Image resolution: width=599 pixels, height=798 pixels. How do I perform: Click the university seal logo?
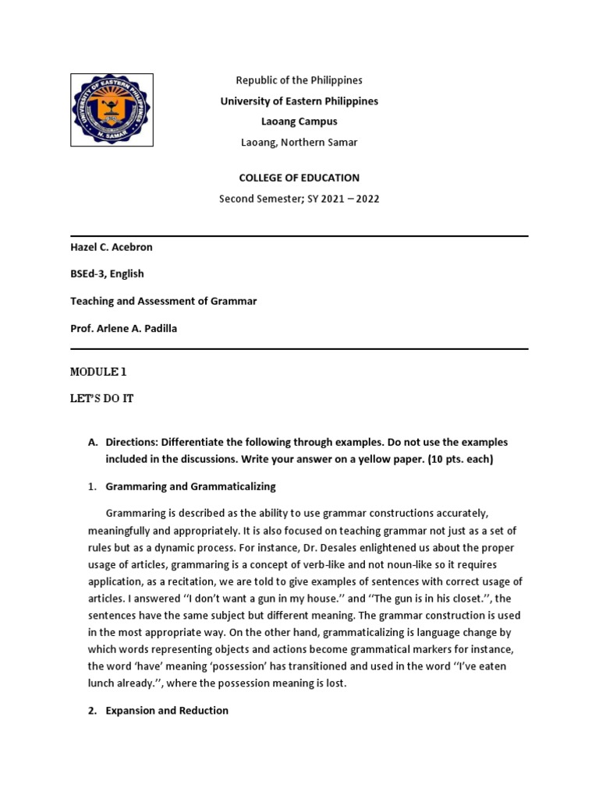[x=112, y=110]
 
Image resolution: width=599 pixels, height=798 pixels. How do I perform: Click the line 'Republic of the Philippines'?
[x=299, y=80]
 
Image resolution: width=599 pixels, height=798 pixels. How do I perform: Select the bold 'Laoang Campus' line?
[x=299, y=122]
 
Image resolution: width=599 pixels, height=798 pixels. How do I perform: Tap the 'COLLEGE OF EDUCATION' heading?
[x=299, y=178]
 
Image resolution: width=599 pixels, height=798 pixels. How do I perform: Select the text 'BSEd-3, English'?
[x=107, y=274]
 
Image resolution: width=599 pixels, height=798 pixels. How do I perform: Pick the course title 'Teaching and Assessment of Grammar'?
[x=164, y=301]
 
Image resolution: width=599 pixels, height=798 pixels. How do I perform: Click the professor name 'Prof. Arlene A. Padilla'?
[x=124, y=328]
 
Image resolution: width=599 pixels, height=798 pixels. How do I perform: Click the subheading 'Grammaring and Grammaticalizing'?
[x=191, y=486]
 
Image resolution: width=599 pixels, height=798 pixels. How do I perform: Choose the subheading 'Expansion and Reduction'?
[x=167, y=711]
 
